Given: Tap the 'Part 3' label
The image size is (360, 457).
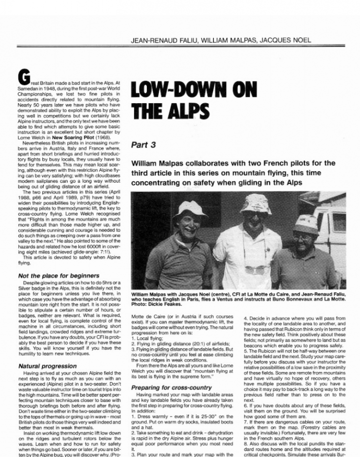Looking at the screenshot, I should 143,146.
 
